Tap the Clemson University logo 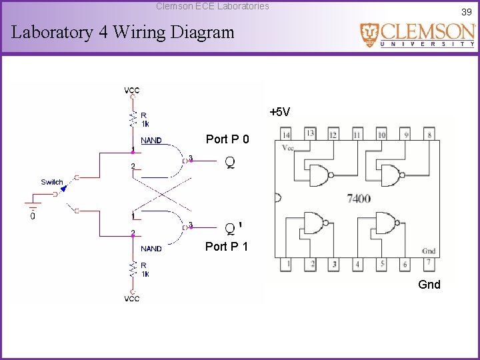pyautogui.click(x=418, y=35)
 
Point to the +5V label pyautogui.click(x=279, y=112)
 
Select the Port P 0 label pyautogui.click(x=227, y=139)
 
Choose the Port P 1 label pyautogui.click(x=227, y=247)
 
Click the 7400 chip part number pyautogui.click(x=359, y=199)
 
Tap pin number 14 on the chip pyautogui.click(x=287, y=135)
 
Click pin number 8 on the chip pyautogui.click(x=429, y=135)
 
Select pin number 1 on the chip pyautogui.click(x=288, y=264)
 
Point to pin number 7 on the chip pyautogui.click(x=429, y=263)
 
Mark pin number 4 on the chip pyautogui.click(x=358, y=264)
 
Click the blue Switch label pyautogui.click(x=52, y=182)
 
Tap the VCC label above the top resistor pyautogui.click(x=132, y=91)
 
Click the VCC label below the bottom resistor pyautogui.click(x=132, y=299)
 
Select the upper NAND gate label pyautogui.click(x=151, y=141)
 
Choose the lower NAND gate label pyautogui.click(x=151, y=249)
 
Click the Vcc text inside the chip pyautogui.click(x=289, y=148)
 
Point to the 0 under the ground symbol pyautogui.click(x=33, y=215)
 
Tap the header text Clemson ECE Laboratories pyautogui.click(x=213, y=6)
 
